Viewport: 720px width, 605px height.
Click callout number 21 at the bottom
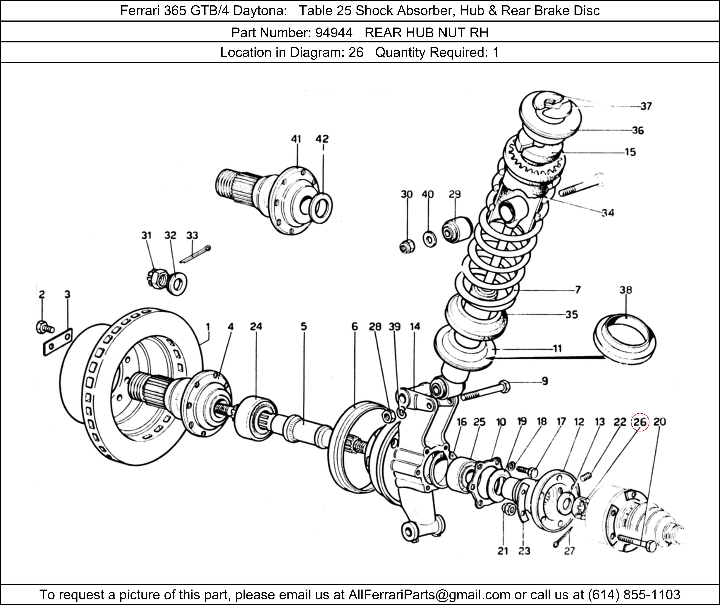503,551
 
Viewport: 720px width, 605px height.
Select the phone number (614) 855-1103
634,594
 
